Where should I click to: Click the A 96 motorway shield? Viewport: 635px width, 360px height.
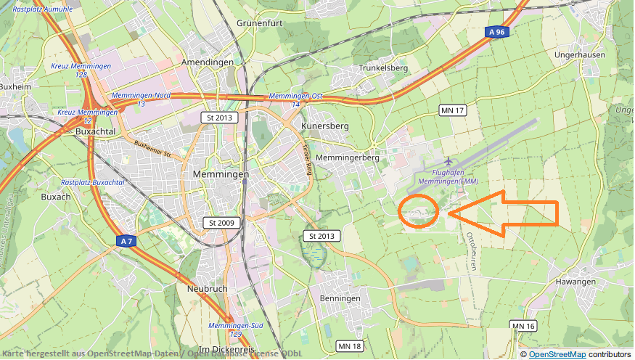pyautogui.click(x=496, y=32)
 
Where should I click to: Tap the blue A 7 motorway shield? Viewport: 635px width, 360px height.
pyautogui.click(x=126, y=241)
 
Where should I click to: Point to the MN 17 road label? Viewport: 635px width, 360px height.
pyautogui.click(x=452, y=110)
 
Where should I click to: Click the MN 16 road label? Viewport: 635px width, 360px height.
pyautogui.click(x=523, y=326)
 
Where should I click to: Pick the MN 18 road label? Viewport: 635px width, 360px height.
pyautogui.click(x=350, y=346)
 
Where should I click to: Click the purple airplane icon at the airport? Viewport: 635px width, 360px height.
pyautogui.click(x=448, y=160)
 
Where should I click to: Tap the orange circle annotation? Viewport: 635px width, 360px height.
pyautogui.click(x=419, y=211)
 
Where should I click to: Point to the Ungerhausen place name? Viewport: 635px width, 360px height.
pyautogui.click(x=579, y=54)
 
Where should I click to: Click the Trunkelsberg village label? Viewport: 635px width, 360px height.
pyautogui.click(x=384, y=68)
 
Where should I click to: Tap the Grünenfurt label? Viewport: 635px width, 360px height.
pyautogui.click(x=258, y=23)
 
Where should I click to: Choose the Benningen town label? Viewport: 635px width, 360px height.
pyautogui.click(x=340, y=298)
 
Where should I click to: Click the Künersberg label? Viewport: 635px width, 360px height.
pyautogui.click(x=324, y=126)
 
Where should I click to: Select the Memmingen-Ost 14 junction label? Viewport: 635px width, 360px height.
pyautogui.click(x=295, y=100)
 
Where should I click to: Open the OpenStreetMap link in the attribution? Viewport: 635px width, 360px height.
pyautogui.click(x=557, y=354)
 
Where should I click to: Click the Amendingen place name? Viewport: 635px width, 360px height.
pyautogui.click(x=208, y=62)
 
